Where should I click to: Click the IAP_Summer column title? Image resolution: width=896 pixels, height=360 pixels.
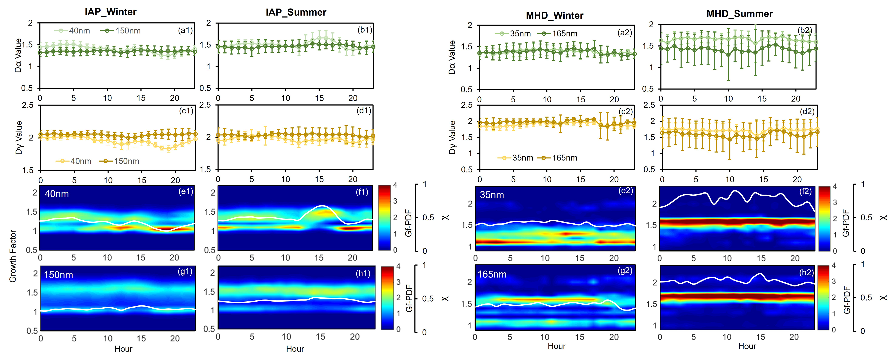pyautogui.click(x=296, y=13)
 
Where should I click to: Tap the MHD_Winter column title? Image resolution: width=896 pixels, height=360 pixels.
pyautogui.click(x=554, y=16)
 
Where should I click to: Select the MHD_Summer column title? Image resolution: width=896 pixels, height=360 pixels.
pyautogui.click(x=739, y=14)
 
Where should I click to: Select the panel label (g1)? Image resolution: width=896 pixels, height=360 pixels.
pyautogui.click(x=185, y=271)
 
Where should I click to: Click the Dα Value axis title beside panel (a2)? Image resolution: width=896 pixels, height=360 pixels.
pyautogui.click(x=452, y=57)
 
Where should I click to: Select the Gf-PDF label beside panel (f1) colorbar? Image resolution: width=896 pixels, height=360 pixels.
pyautogui.click(x=408, y=223)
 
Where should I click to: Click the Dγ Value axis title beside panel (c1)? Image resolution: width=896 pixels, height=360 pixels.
pyautogui.click(x=19, y=137)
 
